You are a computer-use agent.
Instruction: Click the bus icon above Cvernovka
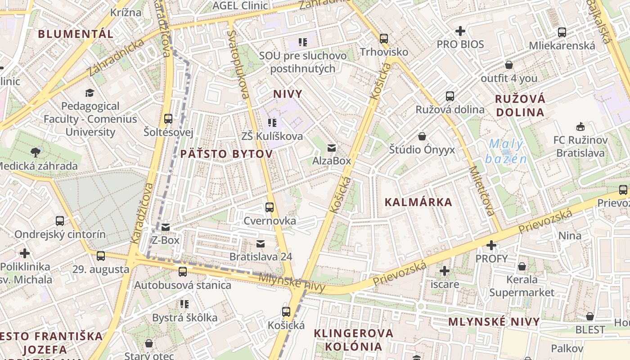pyautogui.click(x=270, y=207)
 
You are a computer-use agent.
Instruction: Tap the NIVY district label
pyautogui.click(x=288, y=94)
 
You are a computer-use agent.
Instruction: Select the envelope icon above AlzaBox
pyautogui.click(x=332, y=148)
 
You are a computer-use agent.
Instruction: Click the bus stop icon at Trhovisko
pyautogui.click(x=384, y=39)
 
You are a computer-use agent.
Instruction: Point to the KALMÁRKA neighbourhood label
pyautogui.click(x=418, y=202)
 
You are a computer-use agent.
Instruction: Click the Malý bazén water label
pyautogui.click(x=506, y=151)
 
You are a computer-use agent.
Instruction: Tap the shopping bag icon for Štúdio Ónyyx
pyautogui.click(x=422, y=136)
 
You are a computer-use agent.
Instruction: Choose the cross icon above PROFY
pyautogui.click(x=491, y=245)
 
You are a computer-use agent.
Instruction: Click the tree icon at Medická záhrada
pyautogui.click(x=36, y=152)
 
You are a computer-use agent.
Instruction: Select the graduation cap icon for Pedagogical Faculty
pyautogui.click(x=90, y=93)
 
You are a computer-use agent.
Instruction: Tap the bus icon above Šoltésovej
pyautogui.click(x=168, y=119)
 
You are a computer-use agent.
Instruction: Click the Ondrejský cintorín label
pyautogui.click(x=60, y=234)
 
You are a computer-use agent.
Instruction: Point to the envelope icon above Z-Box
pyautogui.click(x=166, y=227)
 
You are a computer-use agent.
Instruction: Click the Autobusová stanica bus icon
pyautogui.click(x=183, y=271)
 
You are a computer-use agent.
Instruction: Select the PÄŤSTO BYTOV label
pyautogui.click(x=226, y=154)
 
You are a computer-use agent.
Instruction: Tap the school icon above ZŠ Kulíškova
pyautogui.click(x=272, y=122)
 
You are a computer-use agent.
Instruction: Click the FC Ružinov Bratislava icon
pyautogui.click(x=580, y=126)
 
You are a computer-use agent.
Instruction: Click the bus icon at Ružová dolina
pyautogui.click(x=450, y=96)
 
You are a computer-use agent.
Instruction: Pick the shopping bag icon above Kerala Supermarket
pyautogui.click(x=522, y=266)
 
